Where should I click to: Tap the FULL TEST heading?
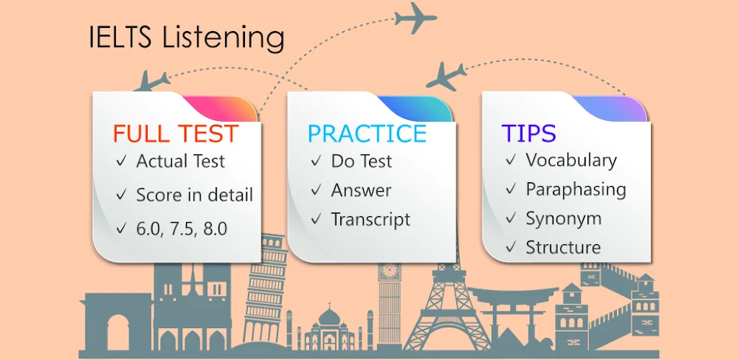tap(176, 134)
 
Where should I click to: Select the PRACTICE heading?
tap(367, 134)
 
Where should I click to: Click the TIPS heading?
tap(529, 133)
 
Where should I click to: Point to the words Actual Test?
tap(181, 161)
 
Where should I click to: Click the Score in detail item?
tap(194, 195)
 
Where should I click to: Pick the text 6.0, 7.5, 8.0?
tap(182, 229)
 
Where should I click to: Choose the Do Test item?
tap(362, 161)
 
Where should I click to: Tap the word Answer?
tap(361, 190)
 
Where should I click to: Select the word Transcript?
tap(370, 219)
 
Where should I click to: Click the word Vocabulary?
tap(570, 160)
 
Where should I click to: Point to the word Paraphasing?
tap(576, 190)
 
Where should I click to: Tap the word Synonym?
tap(563, 218)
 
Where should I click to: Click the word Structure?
tap(563, 247)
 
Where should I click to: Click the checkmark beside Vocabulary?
tap(511, 160)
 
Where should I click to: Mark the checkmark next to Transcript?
tap(317, 219)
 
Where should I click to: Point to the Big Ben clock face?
tap(389, 271)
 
